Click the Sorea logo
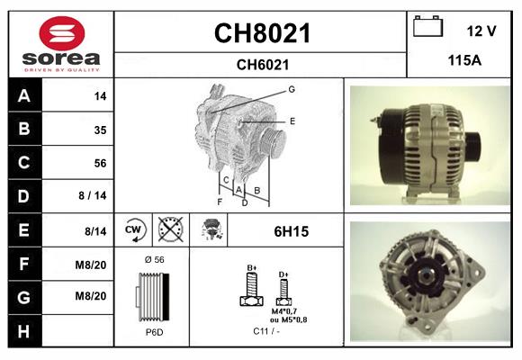(x=61, y=46)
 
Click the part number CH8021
(x=262, y=34)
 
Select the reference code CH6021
(x=262, y=64)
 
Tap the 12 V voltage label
(x=481, y=31)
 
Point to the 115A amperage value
(x=464, y=60)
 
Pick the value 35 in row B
(x=100, y=130)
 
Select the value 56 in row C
(x=100, y=163)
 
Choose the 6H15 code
(x=292, y=231)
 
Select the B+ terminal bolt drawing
(x=252, y=288)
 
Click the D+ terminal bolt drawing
(x=283, y=290)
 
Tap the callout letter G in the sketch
(x=292, y=89)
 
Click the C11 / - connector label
(x=266, y=331)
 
